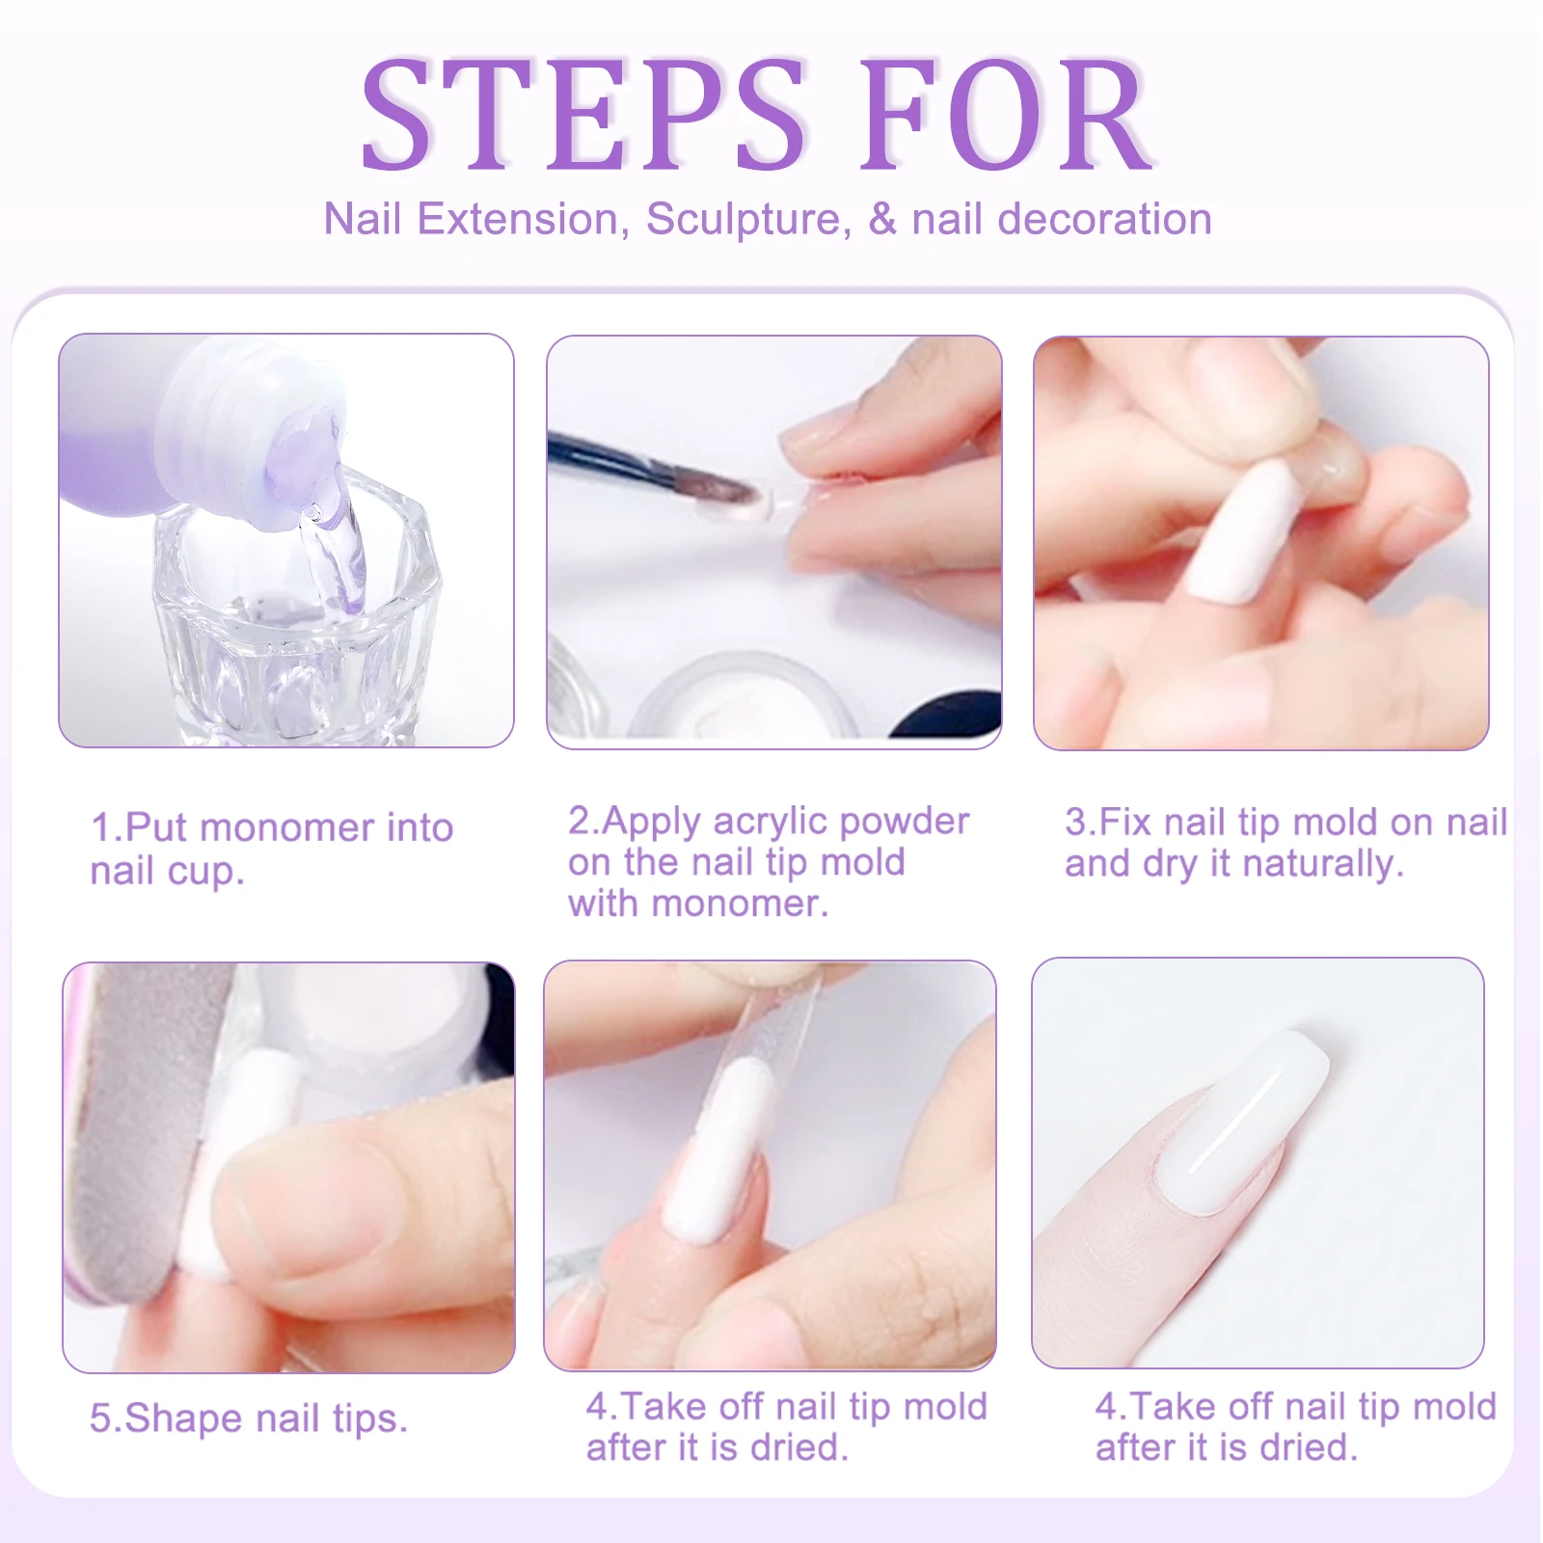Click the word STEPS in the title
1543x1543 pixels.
click(583, 116)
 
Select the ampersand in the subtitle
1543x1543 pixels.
click(881, 219)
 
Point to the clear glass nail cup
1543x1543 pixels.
click(289, 617)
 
